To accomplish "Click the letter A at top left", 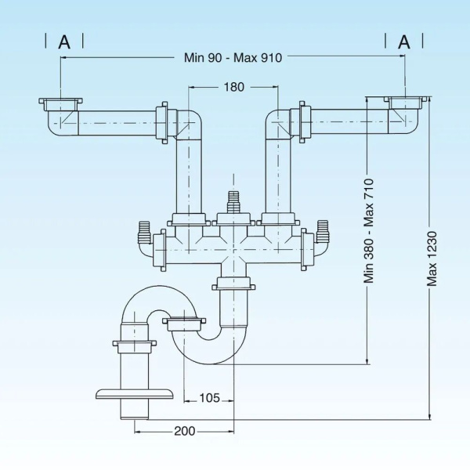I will pos(64,42).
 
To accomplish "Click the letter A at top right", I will pos(404,42).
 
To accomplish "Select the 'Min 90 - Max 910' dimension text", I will pos(233,56).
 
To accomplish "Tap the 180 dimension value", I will pos(233,87).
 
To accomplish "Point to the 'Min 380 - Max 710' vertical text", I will pos(369,230).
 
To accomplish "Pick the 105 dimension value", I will pos(208,397).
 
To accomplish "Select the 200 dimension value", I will pos(185,431).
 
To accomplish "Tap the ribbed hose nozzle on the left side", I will pos(143,233).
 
